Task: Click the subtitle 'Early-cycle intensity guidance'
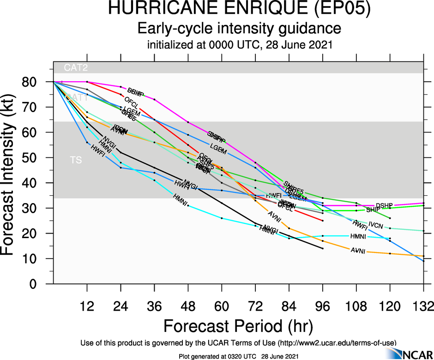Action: click(x=240, y=29)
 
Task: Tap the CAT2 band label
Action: click(x=76, y=68)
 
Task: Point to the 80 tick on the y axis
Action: click(x=30, y=82)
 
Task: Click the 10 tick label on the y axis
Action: click(x=30, y=258)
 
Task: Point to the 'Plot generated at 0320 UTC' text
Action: click(x=214, y=356)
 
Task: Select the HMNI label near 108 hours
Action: click(x=358, y=236)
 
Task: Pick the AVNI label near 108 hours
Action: click(x=358, y=251)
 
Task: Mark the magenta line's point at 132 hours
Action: click(x=423, y=203)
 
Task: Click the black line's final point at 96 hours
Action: click(x=322, y=248)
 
